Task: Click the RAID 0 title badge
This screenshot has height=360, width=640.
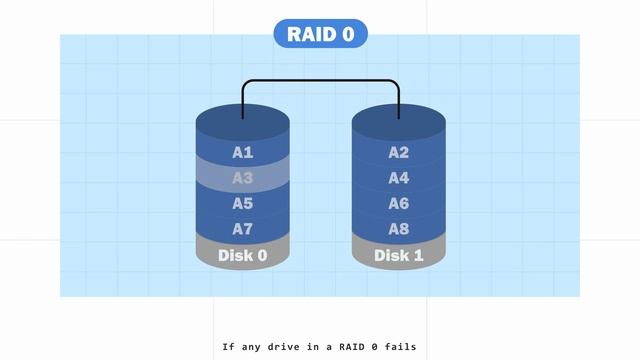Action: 320,33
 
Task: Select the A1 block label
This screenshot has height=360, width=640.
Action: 243,153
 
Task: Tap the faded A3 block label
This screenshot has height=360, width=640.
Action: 243,178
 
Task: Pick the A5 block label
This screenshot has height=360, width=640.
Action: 243,203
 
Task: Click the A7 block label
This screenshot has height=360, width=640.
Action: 243,229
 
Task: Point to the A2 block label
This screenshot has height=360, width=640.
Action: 399,153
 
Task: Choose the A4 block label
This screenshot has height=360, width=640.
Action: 399,178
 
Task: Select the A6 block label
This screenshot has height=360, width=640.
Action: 399,203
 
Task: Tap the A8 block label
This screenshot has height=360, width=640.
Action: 399,229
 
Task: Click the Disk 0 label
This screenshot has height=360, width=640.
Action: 243,256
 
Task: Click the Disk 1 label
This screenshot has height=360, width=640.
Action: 399,256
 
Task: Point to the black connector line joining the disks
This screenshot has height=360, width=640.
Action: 320,80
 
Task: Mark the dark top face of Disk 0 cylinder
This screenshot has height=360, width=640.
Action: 243,122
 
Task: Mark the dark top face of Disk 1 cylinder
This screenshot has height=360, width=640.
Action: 399,122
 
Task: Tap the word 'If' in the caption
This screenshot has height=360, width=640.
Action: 229,347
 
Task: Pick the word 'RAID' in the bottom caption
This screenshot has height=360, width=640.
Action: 352,347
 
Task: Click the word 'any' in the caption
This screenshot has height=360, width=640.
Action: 251,347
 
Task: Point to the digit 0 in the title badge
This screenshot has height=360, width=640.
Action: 348,34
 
